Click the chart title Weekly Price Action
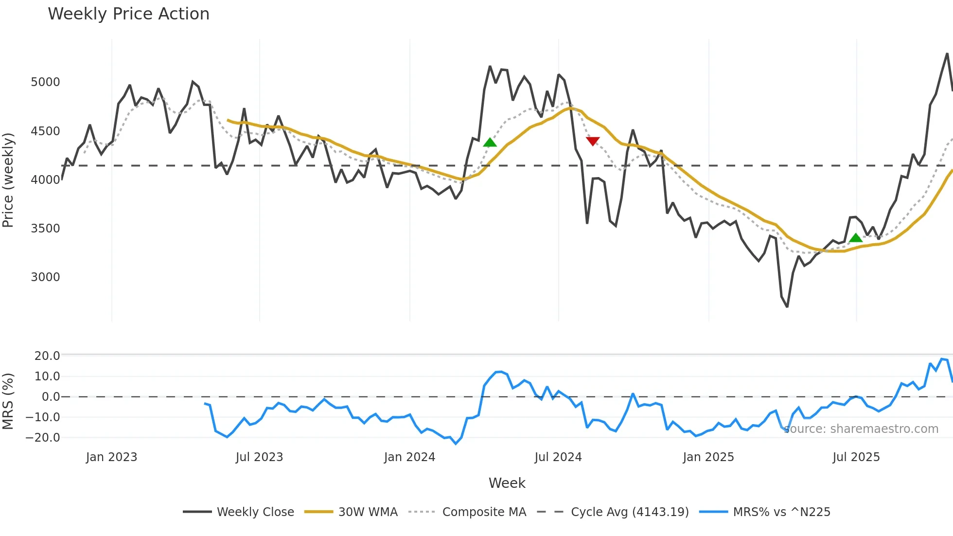click(128, 14)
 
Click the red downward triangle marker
click(593, 141)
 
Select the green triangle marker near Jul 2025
click(856, 238)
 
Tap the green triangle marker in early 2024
click(490, 142)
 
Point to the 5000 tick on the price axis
click(45, 82)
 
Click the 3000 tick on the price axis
click(45, 277)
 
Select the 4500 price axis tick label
click(45, 131)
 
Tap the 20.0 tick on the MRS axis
click(47, 356)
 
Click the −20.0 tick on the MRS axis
click(43, 438)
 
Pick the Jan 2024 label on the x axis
click(409, 457)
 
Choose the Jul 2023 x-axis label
click(259, 457)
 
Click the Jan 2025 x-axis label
click(708, 457)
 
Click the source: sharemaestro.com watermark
click(861, 429)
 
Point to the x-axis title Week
click(507, 483)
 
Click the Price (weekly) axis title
click(8, 180)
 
